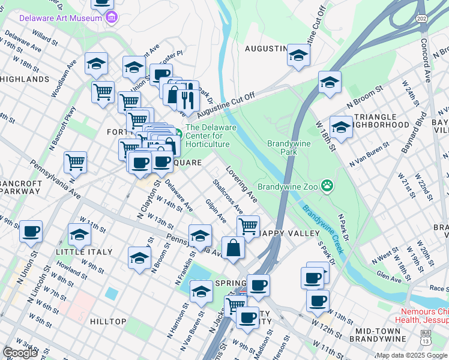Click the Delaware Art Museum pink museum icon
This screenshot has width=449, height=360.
point(111,18)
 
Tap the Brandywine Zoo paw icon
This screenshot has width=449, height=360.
point(327,185)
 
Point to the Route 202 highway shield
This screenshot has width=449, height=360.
point(423,19)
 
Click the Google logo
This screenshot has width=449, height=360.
point(20,353)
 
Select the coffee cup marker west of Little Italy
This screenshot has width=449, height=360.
point(31,231)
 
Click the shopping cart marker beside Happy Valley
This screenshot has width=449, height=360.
point(247,226)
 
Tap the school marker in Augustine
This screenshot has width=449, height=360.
point(298,55)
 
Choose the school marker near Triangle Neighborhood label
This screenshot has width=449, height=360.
point(341,127)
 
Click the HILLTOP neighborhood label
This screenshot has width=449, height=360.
point(108,322)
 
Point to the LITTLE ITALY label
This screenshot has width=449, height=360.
point(83,252)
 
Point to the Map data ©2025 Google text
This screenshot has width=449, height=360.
point(411,355)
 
